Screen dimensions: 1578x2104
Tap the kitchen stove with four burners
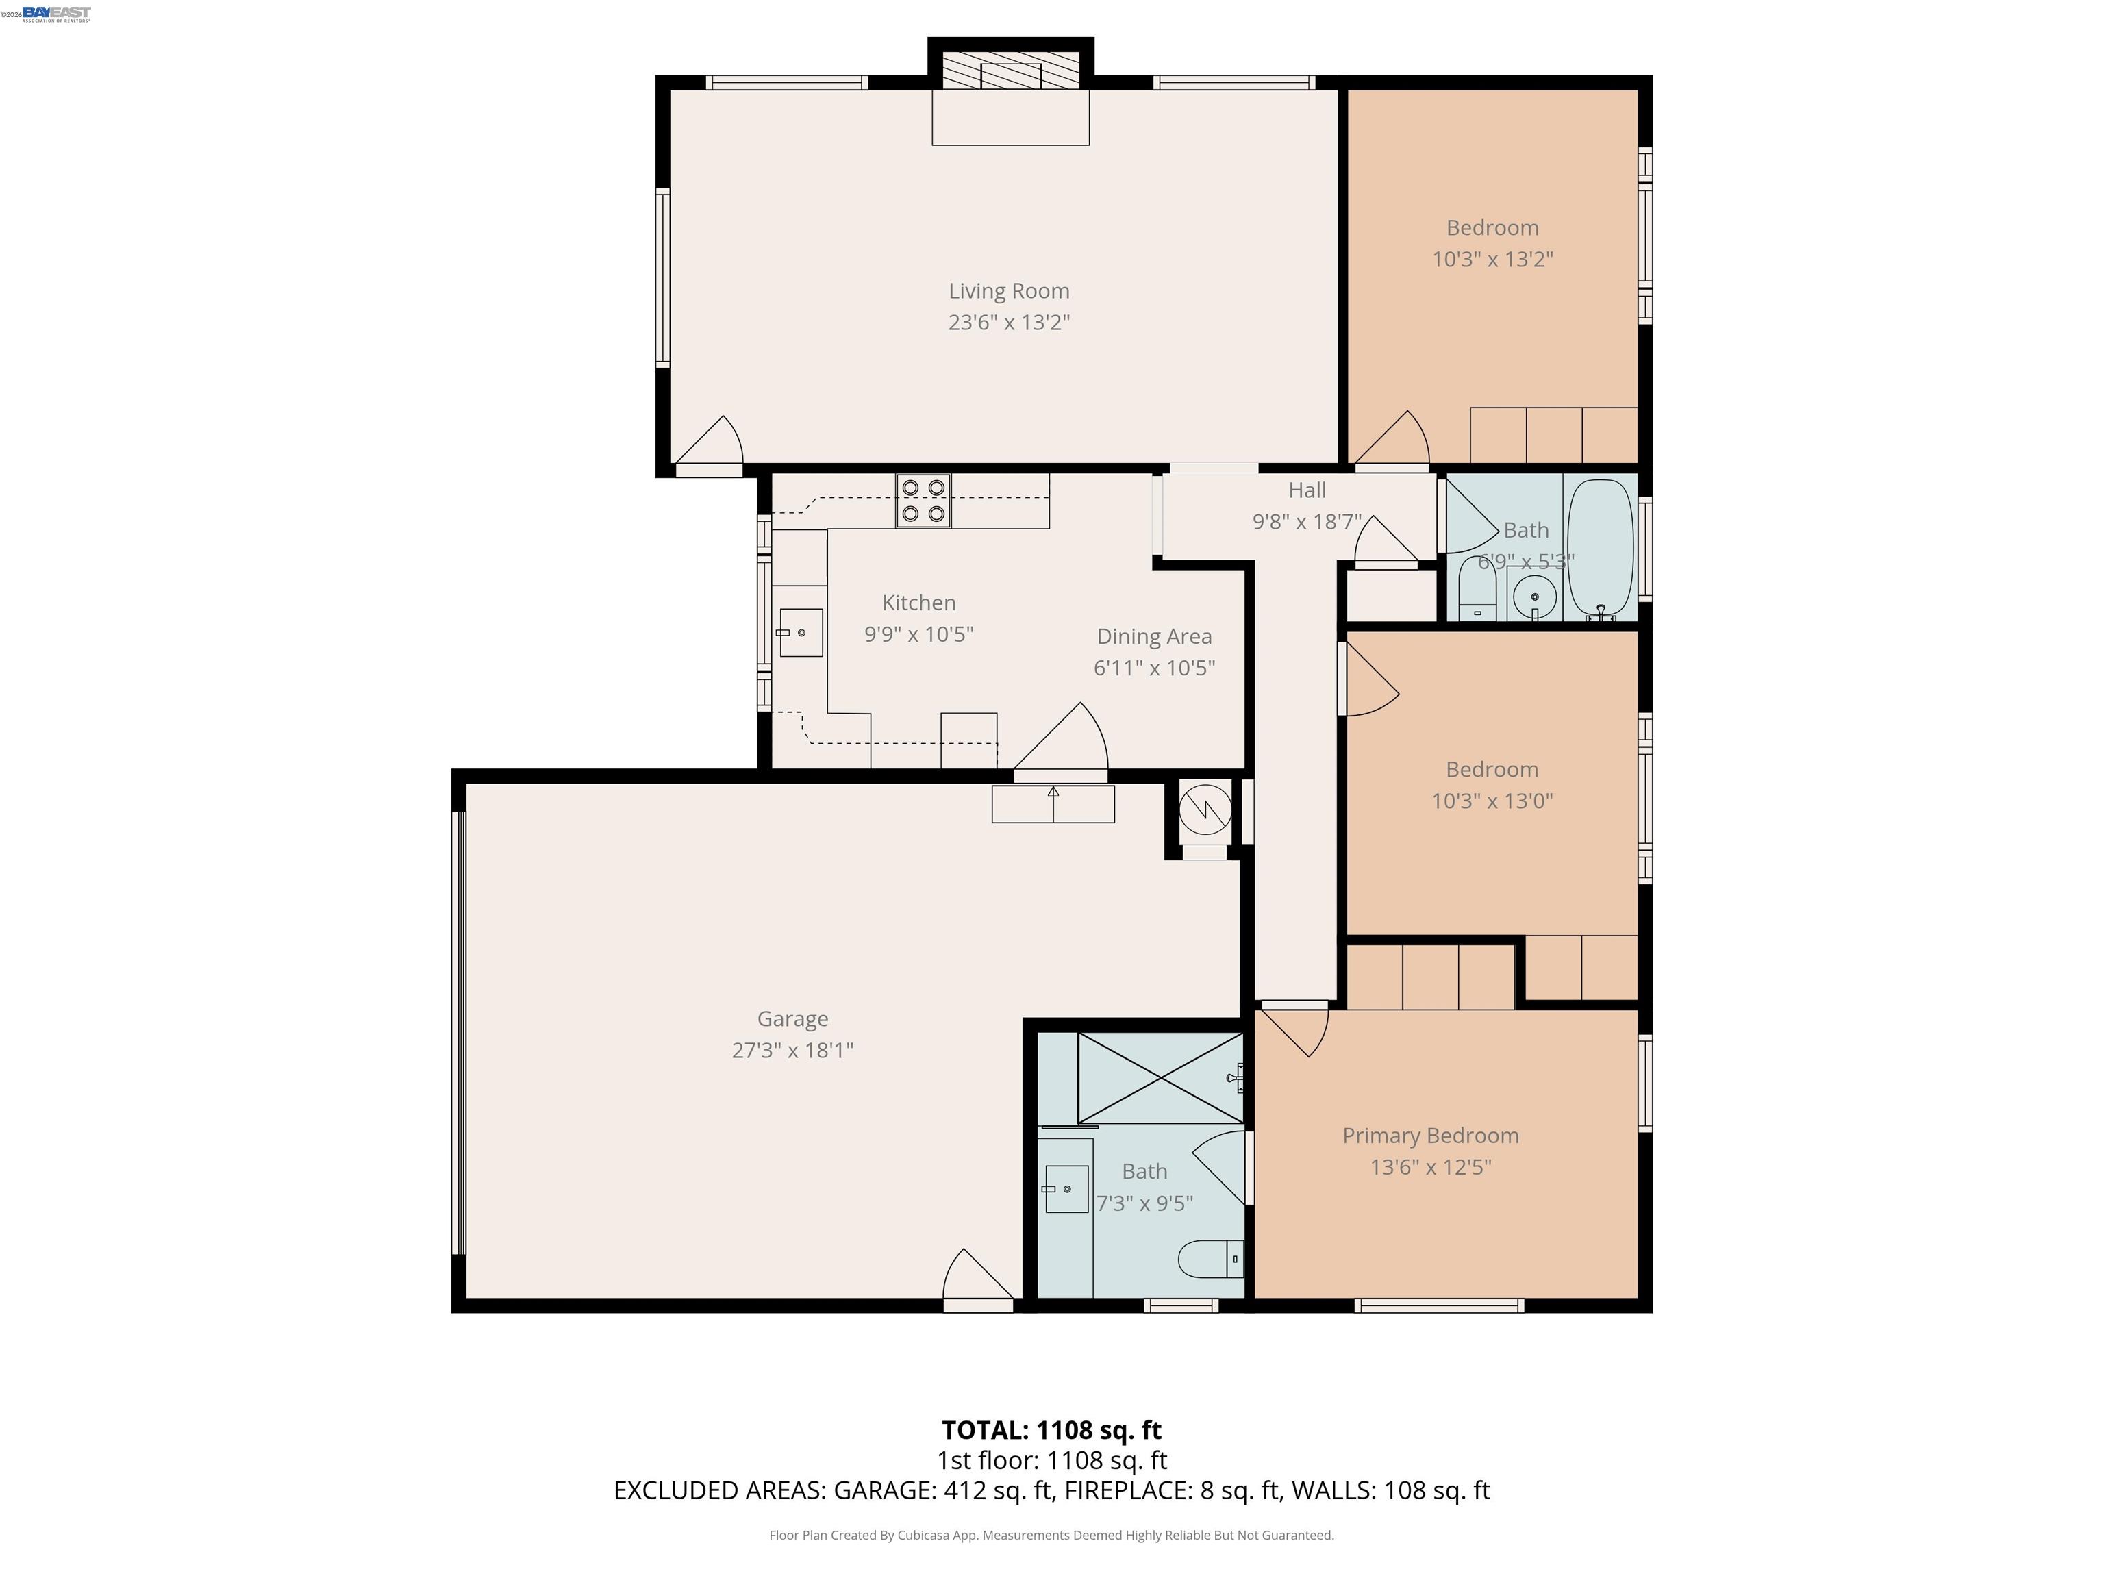923,501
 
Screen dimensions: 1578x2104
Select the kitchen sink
800,633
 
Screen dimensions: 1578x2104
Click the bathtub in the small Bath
1600,550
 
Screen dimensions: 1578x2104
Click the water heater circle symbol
1205,810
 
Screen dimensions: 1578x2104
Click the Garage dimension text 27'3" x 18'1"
792,1050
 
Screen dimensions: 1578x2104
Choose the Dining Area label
1154,636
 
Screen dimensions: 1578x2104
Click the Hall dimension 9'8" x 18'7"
1306,521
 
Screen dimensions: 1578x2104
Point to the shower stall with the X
1160,1077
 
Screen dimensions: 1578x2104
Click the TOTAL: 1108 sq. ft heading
1051,1429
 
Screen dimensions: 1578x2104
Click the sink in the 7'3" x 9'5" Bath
1066,1189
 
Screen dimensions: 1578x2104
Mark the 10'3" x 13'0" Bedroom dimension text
1492,801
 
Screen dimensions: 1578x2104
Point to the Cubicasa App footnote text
1051,1534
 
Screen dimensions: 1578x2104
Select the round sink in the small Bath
1533,597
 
